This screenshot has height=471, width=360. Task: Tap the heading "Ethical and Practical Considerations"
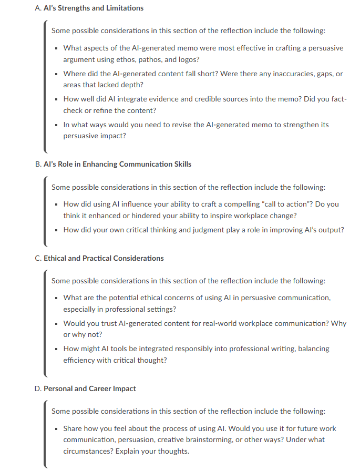point(104,258)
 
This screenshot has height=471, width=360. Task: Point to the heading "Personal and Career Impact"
point(89,388)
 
